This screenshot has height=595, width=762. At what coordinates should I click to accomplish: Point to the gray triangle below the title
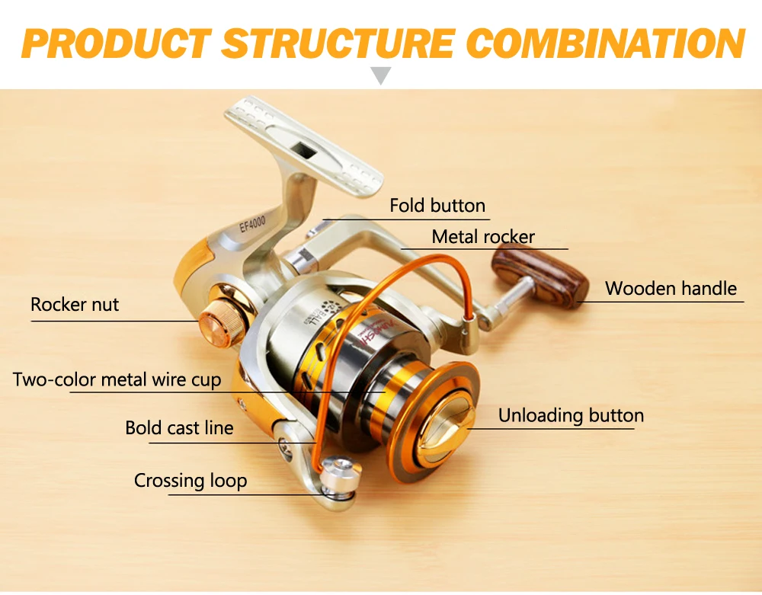pyautogui.click(x=381, y=75)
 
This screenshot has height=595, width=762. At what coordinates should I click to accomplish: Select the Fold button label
pyautogui.click(x=437, y=206)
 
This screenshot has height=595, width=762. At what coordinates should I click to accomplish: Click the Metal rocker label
pyautogui.click(x=483, y=237)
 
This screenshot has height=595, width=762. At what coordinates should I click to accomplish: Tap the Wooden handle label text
pyautogui.click(x=671, y=289)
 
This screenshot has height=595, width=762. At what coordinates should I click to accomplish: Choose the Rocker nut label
pyautogui.click(x=75, y=305)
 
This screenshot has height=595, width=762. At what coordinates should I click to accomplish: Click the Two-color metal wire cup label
pyautogui.click(x=117, y=379)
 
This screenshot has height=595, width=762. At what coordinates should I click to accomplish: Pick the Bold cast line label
pyautogui.click(x=179, y=428)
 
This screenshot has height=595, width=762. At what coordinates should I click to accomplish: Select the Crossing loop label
pyautogui.click(x=190, y=481)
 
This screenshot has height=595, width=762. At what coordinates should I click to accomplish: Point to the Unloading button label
pyautogui.click(x=571, y=415)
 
